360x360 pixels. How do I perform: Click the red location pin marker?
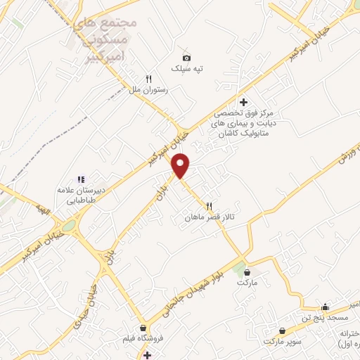coord(181,165)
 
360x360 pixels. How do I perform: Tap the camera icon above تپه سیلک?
coord(186,58)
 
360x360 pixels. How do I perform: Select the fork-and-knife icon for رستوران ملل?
coord(148,79)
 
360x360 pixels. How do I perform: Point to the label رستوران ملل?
coord(146,91)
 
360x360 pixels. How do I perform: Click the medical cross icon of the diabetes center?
coord(243,102)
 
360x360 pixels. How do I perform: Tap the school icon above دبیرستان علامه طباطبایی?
coord(80,179)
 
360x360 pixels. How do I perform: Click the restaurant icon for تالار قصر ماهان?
coord(208,206)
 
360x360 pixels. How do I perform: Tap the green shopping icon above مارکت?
coord(245,271)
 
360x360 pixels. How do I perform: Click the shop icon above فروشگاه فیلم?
coord(143,328)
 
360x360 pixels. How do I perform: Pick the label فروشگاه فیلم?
coord(143,339)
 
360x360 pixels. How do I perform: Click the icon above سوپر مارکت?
coord(282,330)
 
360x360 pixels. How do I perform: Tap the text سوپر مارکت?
coord(282,341)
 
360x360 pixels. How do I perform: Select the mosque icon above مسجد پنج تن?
coord(324,307)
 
